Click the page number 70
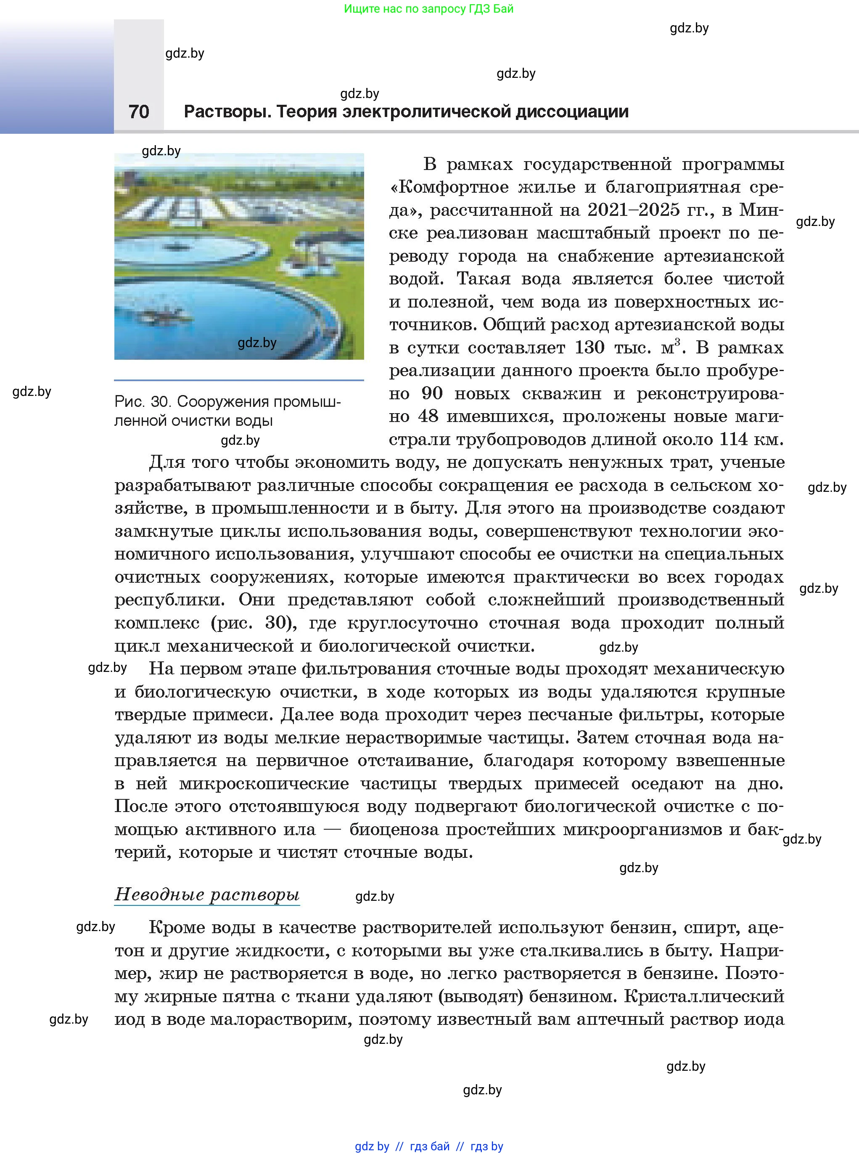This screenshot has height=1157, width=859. (x=139, y=111)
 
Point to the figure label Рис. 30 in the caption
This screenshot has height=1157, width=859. (x=142, y=402)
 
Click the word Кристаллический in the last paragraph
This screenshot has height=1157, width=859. (x=704, y=996)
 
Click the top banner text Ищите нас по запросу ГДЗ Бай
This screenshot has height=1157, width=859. (x=428, y=9)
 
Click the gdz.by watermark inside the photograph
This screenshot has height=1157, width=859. (x=257, y=343)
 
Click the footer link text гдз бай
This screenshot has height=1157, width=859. (x=430, y=1146)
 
